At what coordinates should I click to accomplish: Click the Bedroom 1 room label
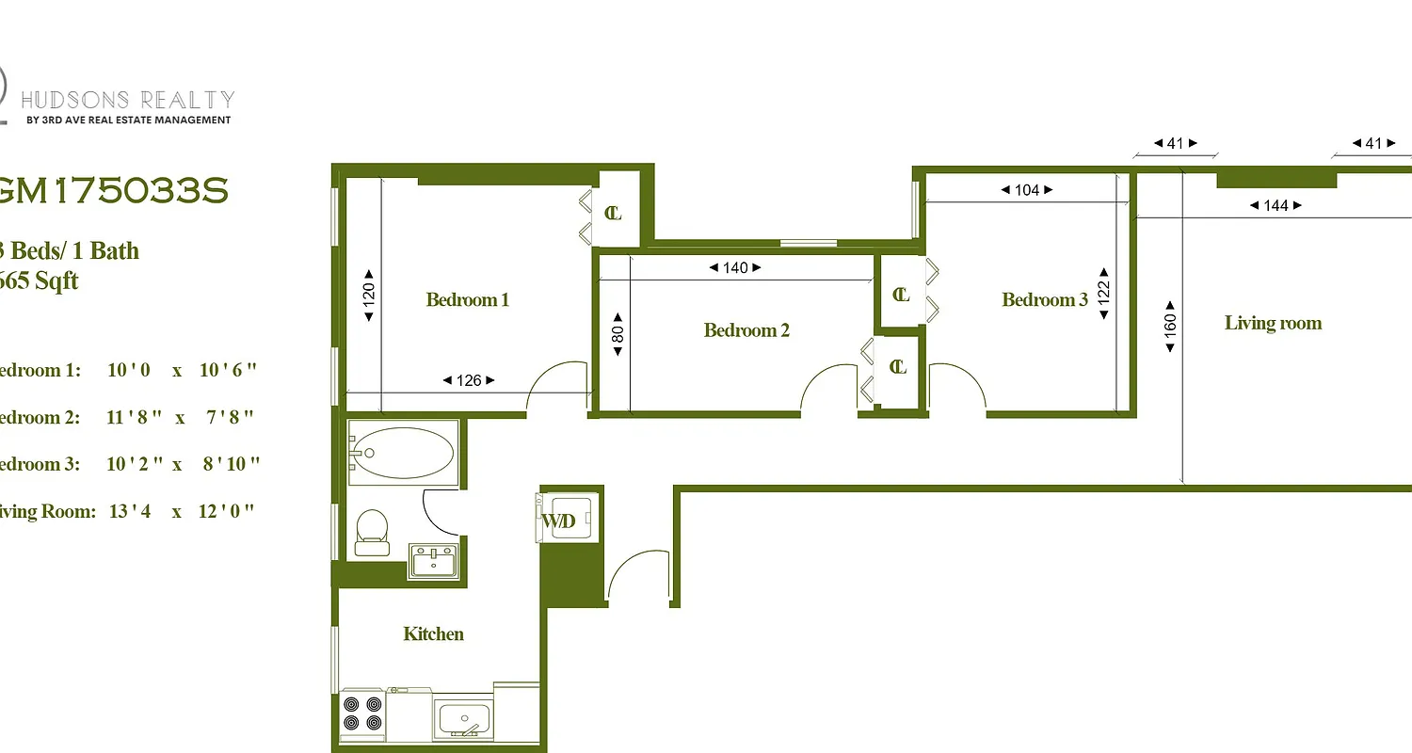point(467,300)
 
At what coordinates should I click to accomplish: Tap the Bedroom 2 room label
point(746,330)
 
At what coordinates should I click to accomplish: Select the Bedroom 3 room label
point(1045,300)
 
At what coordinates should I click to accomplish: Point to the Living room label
point(1273,324)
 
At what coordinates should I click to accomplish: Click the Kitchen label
point(433,634)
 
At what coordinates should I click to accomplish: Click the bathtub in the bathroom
point(403,453)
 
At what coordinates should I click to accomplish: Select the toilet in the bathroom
point(372,532)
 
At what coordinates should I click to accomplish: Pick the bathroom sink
point(434,561)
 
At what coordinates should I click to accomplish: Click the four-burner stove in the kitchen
point(362,713)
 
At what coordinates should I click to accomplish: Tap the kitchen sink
point(463,719)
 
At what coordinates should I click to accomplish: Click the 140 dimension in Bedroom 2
point(735,268)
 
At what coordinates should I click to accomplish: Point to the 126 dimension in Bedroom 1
point(469,381)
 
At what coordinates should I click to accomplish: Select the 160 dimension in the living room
point(1170,326)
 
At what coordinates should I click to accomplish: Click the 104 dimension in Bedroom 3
point(1027,190)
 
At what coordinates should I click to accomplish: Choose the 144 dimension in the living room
point(1276,205)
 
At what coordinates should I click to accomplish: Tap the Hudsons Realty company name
point(127,100)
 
